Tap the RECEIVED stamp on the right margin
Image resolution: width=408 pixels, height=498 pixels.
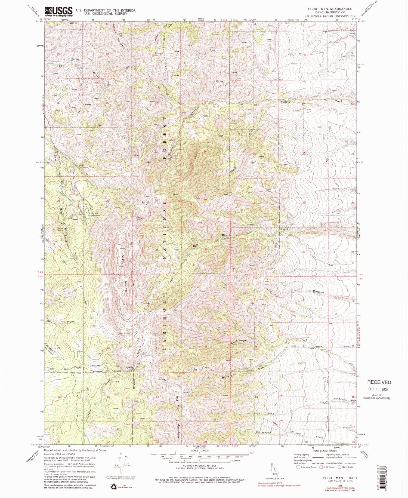click(379, 382)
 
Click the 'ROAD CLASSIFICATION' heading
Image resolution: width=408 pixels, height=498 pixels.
click(322, 451)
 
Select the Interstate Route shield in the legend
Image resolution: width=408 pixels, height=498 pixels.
click(299, 467)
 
